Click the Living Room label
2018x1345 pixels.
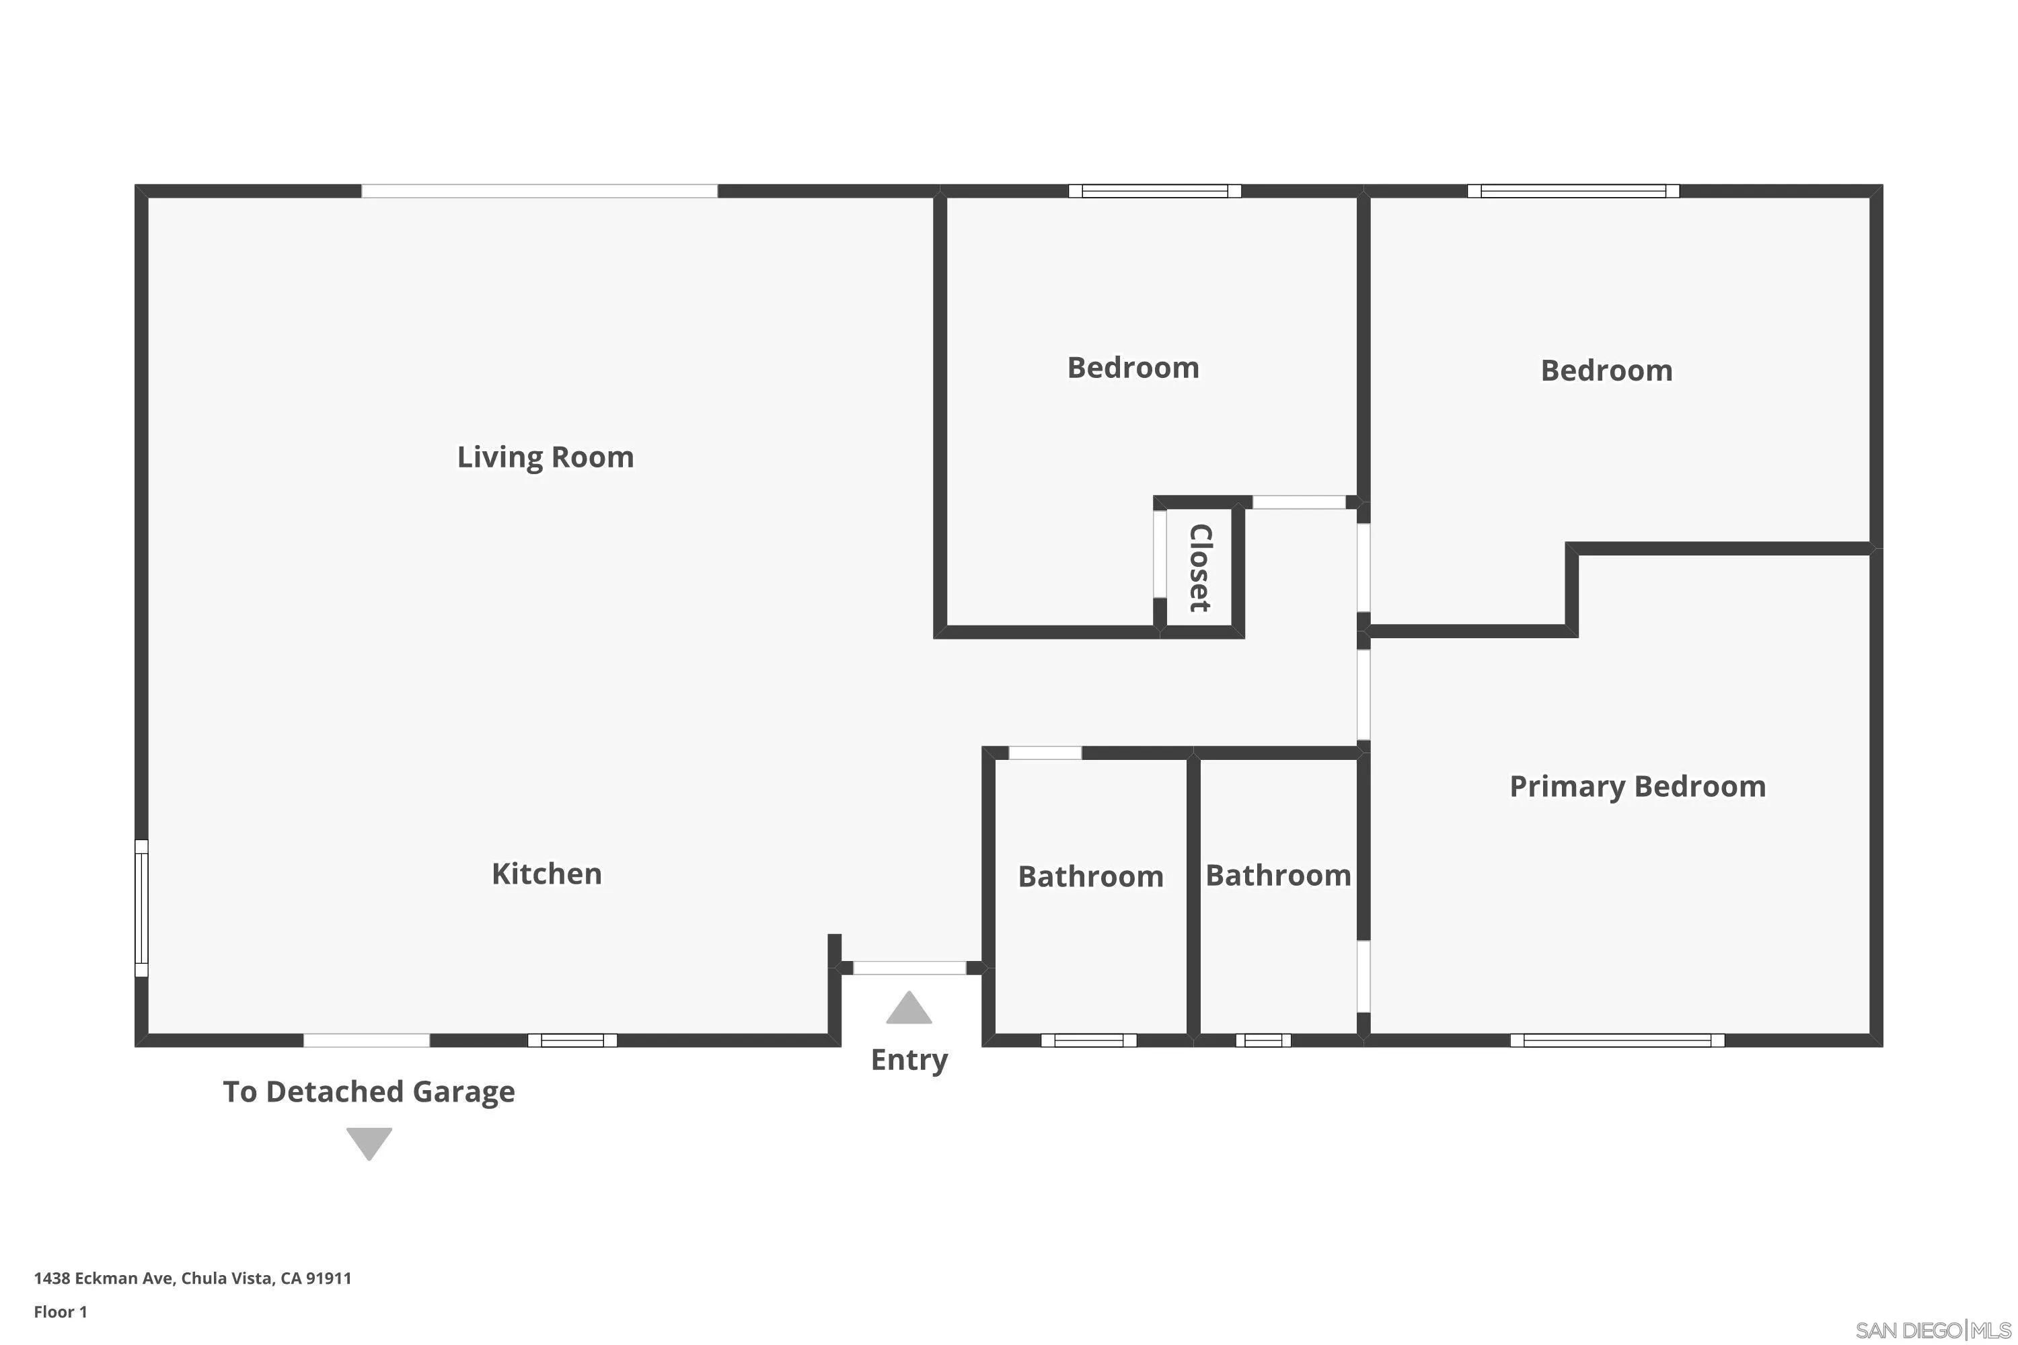[x=545, y=457]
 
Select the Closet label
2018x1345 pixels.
[x=1199, y=568]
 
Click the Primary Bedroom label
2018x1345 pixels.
[x=1637, y=787]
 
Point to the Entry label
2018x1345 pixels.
[x=909, y=1061]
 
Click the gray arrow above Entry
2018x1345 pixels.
[x=909, y=1009]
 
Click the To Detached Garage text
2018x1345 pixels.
[x=369, y=1092]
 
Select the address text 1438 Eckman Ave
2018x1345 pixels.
[x=192, y=1278]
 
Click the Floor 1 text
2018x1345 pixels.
[x=60, y=1311]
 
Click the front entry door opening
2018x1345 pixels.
[x=909, y=968]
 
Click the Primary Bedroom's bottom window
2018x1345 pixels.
[x=1616, y=1040]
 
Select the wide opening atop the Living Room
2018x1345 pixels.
[x=539, y=191]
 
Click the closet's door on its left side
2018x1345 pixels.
[x=1159, y=554]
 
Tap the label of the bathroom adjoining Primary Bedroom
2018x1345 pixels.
[x=1277, y=876]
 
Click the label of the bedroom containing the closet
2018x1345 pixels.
[x=1133, y=368]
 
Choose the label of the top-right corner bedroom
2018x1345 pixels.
[x=1606, y=371]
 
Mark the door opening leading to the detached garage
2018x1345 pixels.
[x=367, y=1040]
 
